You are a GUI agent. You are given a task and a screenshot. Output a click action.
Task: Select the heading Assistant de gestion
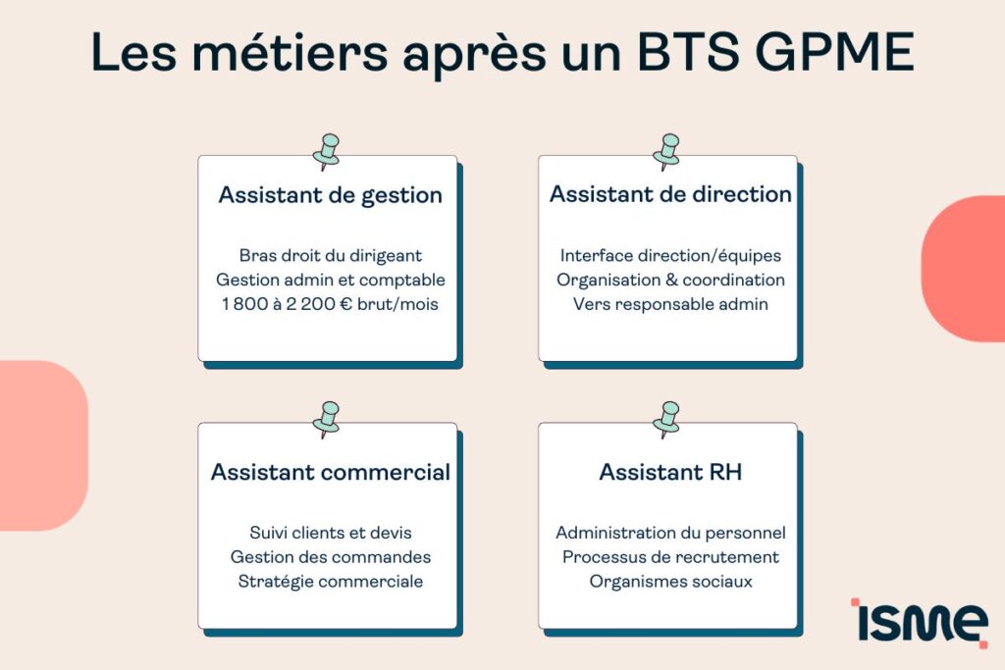coord(330,195)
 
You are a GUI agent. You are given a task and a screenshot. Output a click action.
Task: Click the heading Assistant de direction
coord(670,194)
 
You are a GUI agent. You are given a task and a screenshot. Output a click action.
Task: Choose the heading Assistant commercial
coord(330,472)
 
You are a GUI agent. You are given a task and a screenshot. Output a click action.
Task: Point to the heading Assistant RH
coord(670,472)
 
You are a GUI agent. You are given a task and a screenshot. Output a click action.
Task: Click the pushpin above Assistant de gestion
coord(326,151)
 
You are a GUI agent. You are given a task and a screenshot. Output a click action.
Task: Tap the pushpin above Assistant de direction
coord(666,151)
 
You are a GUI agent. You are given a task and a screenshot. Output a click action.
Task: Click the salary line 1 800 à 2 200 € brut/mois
coord(330,304)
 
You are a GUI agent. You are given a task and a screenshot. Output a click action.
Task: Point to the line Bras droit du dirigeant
coord(330,255)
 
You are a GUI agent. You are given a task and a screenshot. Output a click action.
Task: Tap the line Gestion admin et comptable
coord(330,280)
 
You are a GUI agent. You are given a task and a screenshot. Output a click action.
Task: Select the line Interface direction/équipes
coord(670,255)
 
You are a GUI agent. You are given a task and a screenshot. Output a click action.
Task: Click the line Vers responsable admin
coord(670,304)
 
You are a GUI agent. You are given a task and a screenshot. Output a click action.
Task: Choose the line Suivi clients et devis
coord(330,533)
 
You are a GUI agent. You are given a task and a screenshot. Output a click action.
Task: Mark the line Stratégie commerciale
coord(330,582)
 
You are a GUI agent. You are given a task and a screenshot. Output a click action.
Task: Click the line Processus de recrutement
coord(670,557)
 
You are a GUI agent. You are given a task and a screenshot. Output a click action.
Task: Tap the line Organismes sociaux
coord(670,582)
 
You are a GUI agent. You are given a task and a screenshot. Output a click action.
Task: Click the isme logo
coord(919,621)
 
